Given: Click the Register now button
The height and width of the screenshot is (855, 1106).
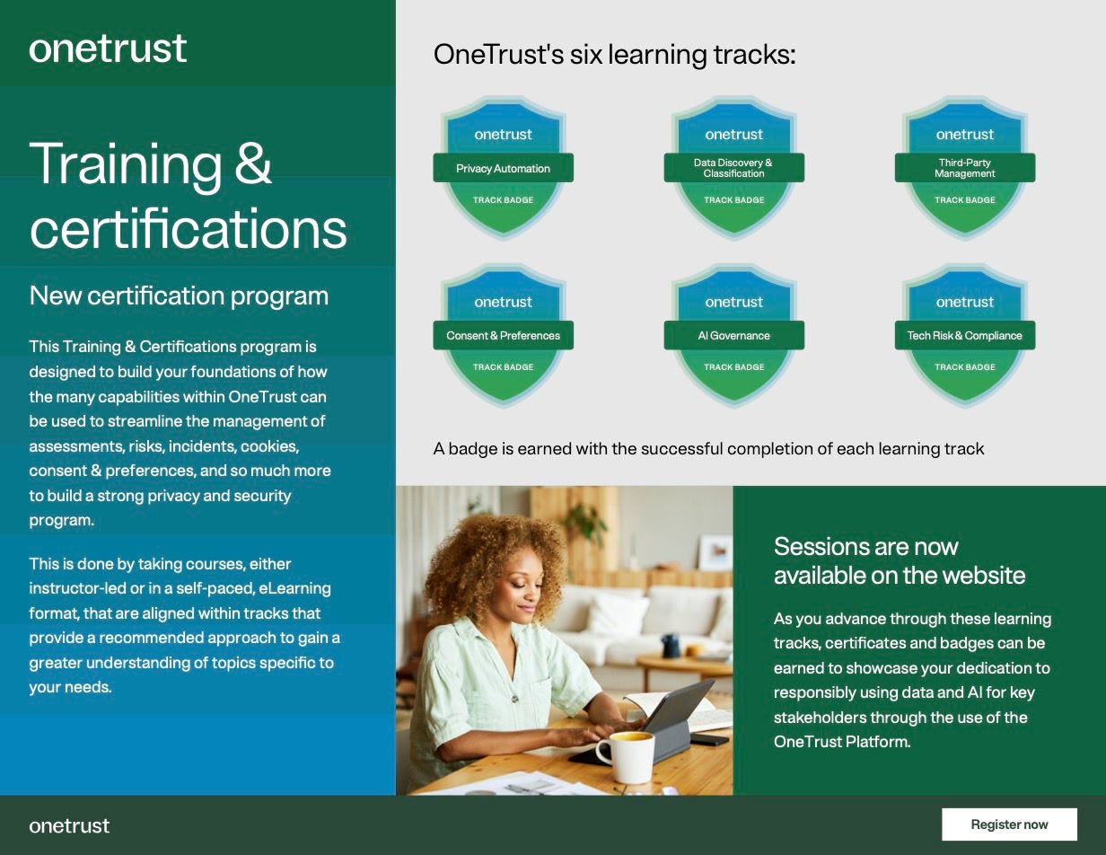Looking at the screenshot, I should pyautogui.click(x=1009, y=824).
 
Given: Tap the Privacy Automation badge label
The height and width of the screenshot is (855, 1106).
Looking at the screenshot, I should pyautogui.click(x=503, y=168).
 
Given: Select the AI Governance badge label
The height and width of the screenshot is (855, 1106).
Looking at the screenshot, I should pyautogui.click(x=733, y=335).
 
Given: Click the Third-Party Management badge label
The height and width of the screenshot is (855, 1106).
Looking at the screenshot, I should pyautogui.click(x=964, y=168).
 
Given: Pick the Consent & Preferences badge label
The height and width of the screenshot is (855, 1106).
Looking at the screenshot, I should pyautogui.click(x=503, y=335).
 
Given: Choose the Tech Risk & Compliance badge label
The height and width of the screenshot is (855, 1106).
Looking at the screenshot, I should pyautogui.click(x=964, y=335).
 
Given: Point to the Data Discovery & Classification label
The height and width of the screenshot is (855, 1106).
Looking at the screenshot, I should pyautogui.click(x=733, y=168).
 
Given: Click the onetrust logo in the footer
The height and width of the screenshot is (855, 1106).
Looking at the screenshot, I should pyautogui.click(x=69, y=825).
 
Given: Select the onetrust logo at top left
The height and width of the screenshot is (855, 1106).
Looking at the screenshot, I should pyautogui.click(x=108, y=48).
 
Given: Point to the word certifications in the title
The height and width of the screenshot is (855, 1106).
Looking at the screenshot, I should pyautogui.click(x=188, y=228).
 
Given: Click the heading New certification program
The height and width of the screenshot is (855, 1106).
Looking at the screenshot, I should pyautogui.click(x=179, y=295).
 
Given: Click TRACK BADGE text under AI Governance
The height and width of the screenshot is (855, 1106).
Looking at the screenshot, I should pyautogui.click(x=733, y=366).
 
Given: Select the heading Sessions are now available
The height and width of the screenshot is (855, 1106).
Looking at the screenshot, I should pyautogui.click(x=899, y=560).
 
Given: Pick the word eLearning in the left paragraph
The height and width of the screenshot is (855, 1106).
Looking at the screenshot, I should pyautogui.click(x=294, y=588).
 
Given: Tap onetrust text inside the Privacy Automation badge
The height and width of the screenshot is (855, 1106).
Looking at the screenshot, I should pyautogui.click(x=503, y=135).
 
